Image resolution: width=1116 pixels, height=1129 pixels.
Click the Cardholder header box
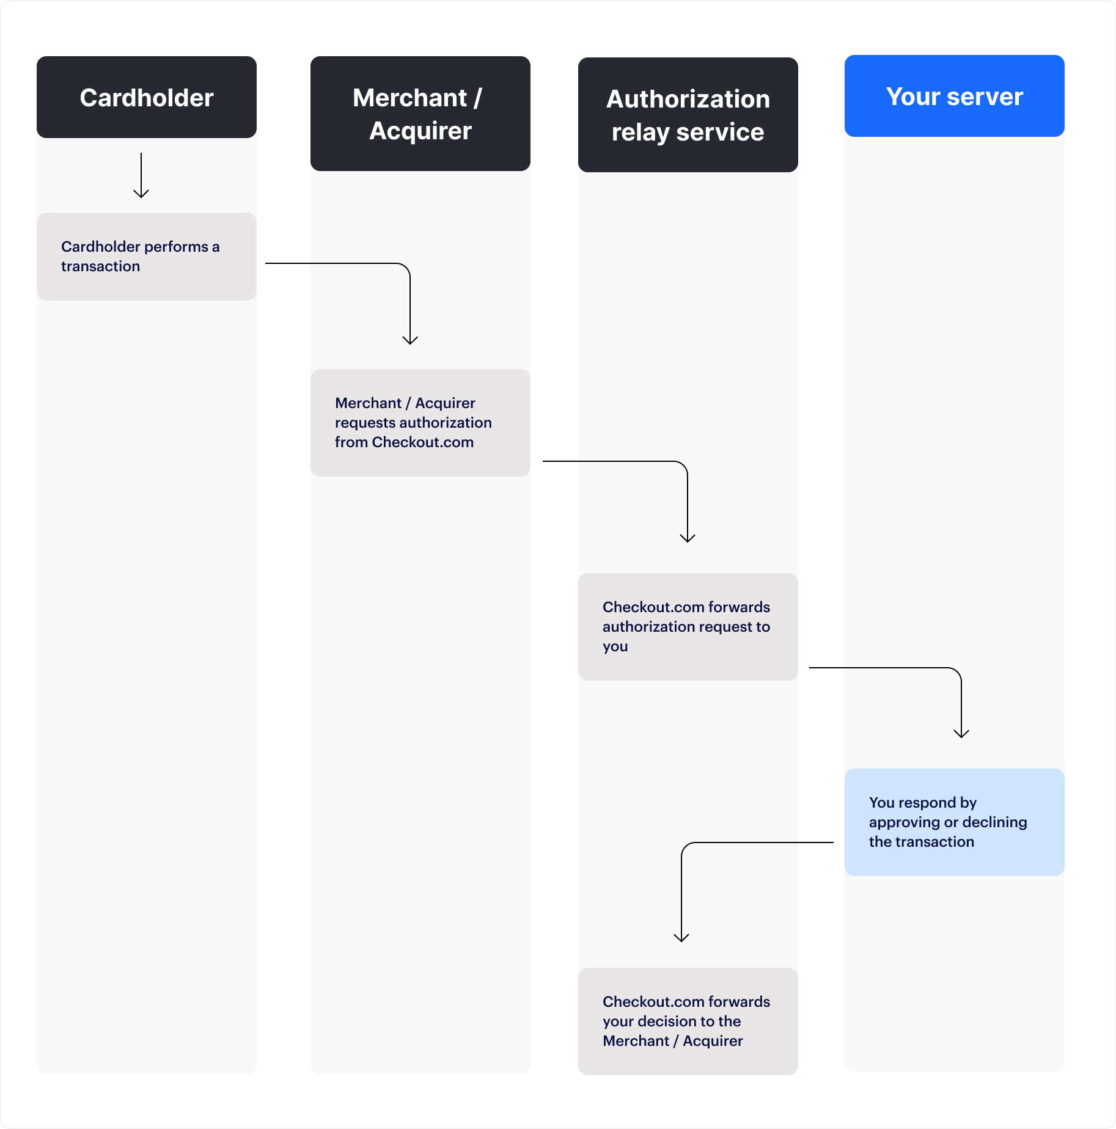click(147, 97)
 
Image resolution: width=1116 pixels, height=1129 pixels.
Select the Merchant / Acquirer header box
click(420, 114)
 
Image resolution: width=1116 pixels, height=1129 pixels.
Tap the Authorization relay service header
click(688, 115)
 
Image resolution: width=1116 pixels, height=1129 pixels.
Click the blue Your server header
click(954, 96)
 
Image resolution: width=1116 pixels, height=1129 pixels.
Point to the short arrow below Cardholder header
click(141, 176)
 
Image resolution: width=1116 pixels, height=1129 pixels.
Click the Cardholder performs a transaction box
click(147, 257)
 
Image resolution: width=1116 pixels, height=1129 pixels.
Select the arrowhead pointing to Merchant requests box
click(410, 340)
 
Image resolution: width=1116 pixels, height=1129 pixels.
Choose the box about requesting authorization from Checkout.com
click(420, 423)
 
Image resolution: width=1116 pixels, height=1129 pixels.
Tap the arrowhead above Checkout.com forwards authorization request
click(688, 538)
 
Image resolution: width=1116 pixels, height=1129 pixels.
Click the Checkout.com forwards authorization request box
click(688, 627)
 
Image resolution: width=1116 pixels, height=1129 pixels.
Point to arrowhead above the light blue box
click(961, 733)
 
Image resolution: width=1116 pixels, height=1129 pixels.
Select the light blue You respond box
click(954, 822)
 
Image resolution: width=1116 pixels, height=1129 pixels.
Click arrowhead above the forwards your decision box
click(681, 937)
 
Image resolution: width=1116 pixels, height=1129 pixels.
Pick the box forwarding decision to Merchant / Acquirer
click(688, 1021)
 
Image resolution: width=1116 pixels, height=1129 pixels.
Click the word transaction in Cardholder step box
click(100, 266)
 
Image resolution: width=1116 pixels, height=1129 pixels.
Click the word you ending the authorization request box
click(615, 646)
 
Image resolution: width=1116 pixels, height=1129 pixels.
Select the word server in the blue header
click(985, 97)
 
